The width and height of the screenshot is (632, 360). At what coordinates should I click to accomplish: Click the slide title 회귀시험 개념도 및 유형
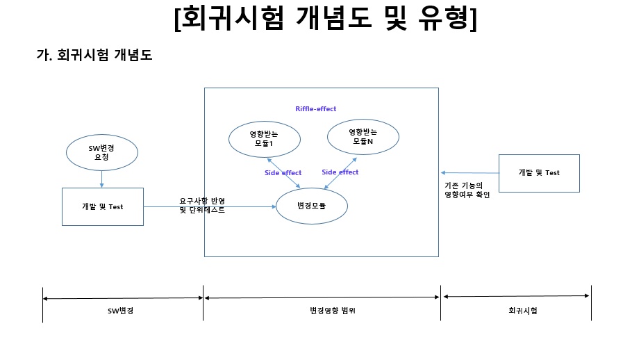(x=326, y=20)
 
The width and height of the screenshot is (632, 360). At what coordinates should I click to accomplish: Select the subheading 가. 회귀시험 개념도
(x=94, y=56)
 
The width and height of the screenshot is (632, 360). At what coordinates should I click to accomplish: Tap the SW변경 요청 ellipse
(x=102, y=152)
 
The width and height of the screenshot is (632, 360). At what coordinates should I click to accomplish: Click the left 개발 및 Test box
(x=103, y=206)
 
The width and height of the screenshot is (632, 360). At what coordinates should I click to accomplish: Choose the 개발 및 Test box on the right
(x=539, y=172)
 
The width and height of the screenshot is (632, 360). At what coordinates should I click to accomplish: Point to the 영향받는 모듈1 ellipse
(x=265, y=138)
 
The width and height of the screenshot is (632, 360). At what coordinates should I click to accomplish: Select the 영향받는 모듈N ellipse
(x=363, y=136)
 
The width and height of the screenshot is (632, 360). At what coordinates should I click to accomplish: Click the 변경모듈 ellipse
(x=312, y=207)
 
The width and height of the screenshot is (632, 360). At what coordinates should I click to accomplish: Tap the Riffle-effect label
(x=316, y=109)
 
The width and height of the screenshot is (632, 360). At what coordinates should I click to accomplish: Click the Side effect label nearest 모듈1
(x=283, y=172)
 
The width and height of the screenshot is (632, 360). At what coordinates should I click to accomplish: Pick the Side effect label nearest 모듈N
(x=340, y=172)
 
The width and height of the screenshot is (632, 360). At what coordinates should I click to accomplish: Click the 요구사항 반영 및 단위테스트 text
(x=202, y=205)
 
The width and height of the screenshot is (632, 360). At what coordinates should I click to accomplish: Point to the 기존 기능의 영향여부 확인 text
(x=467, y=190)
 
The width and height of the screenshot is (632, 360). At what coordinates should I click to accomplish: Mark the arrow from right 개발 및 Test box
(x=469, y=173)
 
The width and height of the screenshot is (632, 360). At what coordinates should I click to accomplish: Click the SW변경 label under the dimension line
(x=121, y=311)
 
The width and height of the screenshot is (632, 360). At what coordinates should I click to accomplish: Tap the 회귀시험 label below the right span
(x=522, y=311)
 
